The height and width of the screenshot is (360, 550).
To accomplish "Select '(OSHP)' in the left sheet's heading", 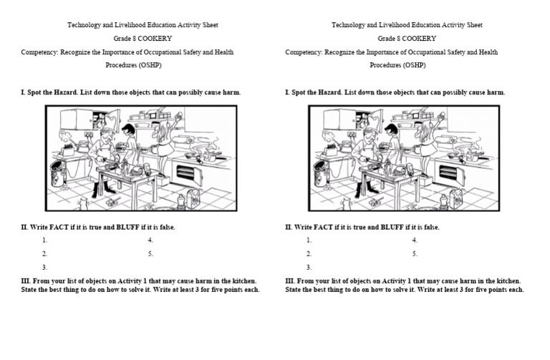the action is [x=150, y=65].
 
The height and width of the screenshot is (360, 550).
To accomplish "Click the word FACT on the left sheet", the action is [x=59, y=227].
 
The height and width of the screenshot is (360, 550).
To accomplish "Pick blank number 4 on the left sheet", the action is [x=150, y=240].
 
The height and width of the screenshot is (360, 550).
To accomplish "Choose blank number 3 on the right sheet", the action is [x=309, y=268].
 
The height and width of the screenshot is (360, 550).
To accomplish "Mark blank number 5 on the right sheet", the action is [x=415, y=254].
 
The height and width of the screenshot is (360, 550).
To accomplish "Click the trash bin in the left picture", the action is [x=58, y=173].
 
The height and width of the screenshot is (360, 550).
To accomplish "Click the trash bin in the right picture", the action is [x=321, y=173].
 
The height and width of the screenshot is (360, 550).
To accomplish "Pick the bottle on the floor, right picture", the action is [x=444, y=203].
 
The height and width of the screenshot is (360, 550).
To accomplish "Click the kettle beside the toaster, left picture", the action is [x=83, y=147].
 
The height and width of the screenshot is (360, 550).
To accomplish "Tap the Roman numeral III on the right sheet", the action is [x=290, y=281].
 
